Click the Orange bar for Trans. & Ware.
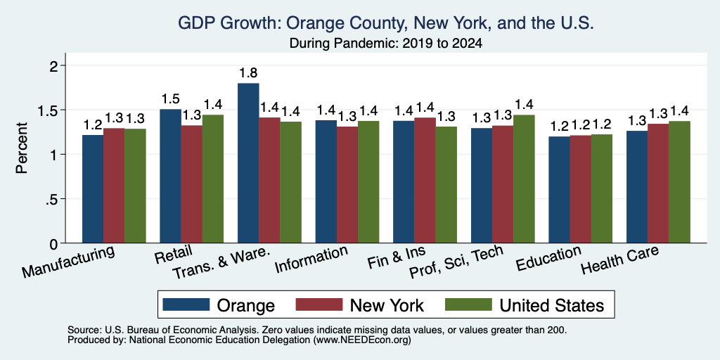(x=248, y=163)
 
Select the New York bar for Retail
(x=191, y=184)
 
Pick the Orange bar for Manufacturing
(x=93, y=188)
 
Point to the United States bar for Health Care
(x=680, y=182)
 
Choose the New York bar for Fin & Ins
(x=425, y=180)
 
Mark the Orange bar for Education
(x=559, y=190)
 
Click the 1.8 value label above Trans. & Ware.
(x=248, y=73)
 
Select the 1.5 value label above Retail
(x=170, y=99)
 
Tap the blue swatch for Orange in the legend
(x=186, y=304)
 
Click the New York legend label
(x=387, y=305)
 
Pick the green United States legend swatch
(x=468, y=304)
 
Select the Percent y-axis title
(x=22, y=148)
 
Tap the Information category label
(x=311, y=259)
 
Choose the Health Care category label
(x=620, y=259)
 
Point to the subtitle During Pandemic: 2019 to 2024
(x=386, y=44)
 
